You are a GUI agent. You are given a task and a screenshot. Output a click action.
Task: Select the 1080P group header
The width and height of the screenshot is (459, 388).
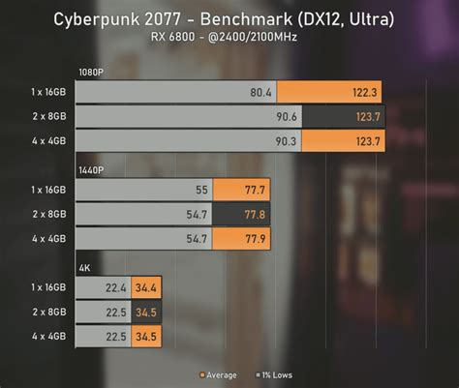click(93, 73)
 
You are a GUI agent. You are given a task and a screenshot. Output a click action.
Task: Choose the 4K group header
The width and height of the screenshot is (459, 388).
click(85, 266)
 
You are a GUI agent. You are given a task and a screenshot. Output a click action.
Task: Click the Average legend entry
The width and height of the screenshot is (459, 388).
click(222, 373)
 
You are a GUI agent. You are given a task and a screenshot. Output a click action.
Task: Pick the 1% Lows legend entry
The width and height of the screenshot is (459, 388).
click(274, 373)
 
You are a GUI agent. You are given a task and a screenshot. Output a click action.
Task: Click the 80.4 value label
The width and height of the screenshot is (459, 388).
click(261, 92)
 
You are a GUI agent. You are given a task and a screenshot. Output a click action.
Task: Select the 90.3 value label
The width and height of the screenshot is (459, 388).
click(287, 142)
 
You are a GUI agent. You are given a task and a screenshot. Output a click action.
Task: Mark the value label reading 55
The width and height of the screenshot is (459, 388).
click(201, 189)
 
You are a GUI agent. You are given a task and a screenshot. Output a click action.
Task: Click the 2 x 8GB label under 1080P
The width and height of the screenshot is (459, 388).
click(48, 117)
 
